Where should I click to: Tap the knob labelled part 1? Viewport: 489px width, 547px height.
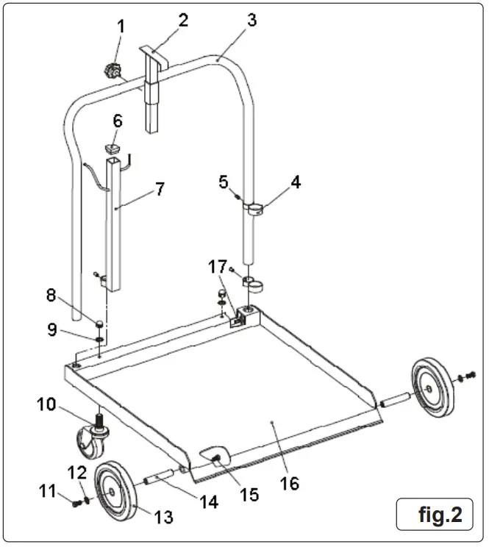[x=112, y=72]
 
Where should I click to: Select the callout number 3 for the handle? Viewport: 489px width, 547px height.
[x=252, y=20]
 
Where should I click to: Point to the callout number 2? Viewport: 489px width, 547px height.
[x=182, y=20]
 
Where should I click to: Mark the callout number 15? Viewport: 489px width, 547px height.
[x=251, y=495]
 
